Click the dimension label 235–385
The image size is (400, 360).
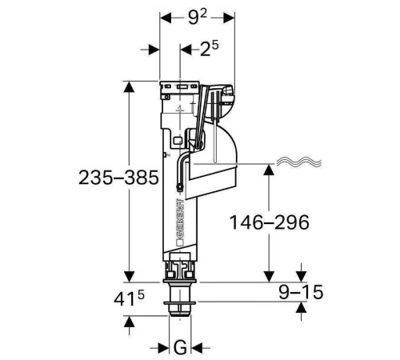coord(118,178)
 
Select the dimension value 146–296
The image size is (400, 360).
coord(270,222)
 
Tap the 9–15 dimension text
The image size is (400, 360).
coord(301,292)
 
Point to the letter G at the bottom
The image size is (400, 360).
coord(180,347)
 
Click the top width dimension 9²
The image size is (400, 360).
coord(198,18)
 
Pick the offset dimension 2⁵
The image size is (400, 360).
coord(210,49)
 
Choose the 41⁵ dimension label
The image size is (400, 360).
coord(129,298)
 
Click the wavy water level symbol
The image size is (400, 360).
coord(299,162)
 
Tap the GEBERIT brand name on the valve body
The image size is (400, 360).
coord(180,218)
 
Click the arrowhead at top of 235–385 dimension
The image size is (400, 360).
coord(129,87)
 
